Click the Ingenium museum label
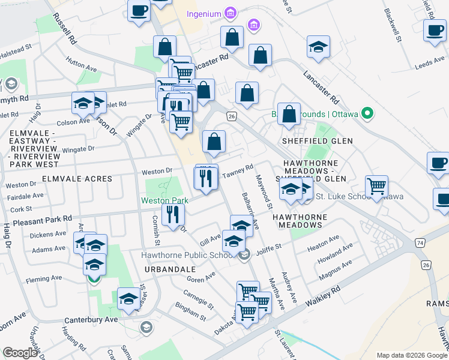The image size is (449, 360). (203, 13)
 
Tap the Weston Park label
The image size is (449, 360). (165, 200)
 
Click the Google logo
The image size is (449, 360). (20, 353)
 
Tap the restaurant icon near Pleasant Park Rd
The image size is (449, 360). (173, 214)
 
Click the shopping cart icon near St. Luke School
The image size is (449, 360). (376, 186)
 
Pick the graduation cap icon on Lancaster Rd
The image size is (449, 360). (319, 47)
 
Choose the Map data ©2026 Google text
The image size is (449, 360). (411, 355)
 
